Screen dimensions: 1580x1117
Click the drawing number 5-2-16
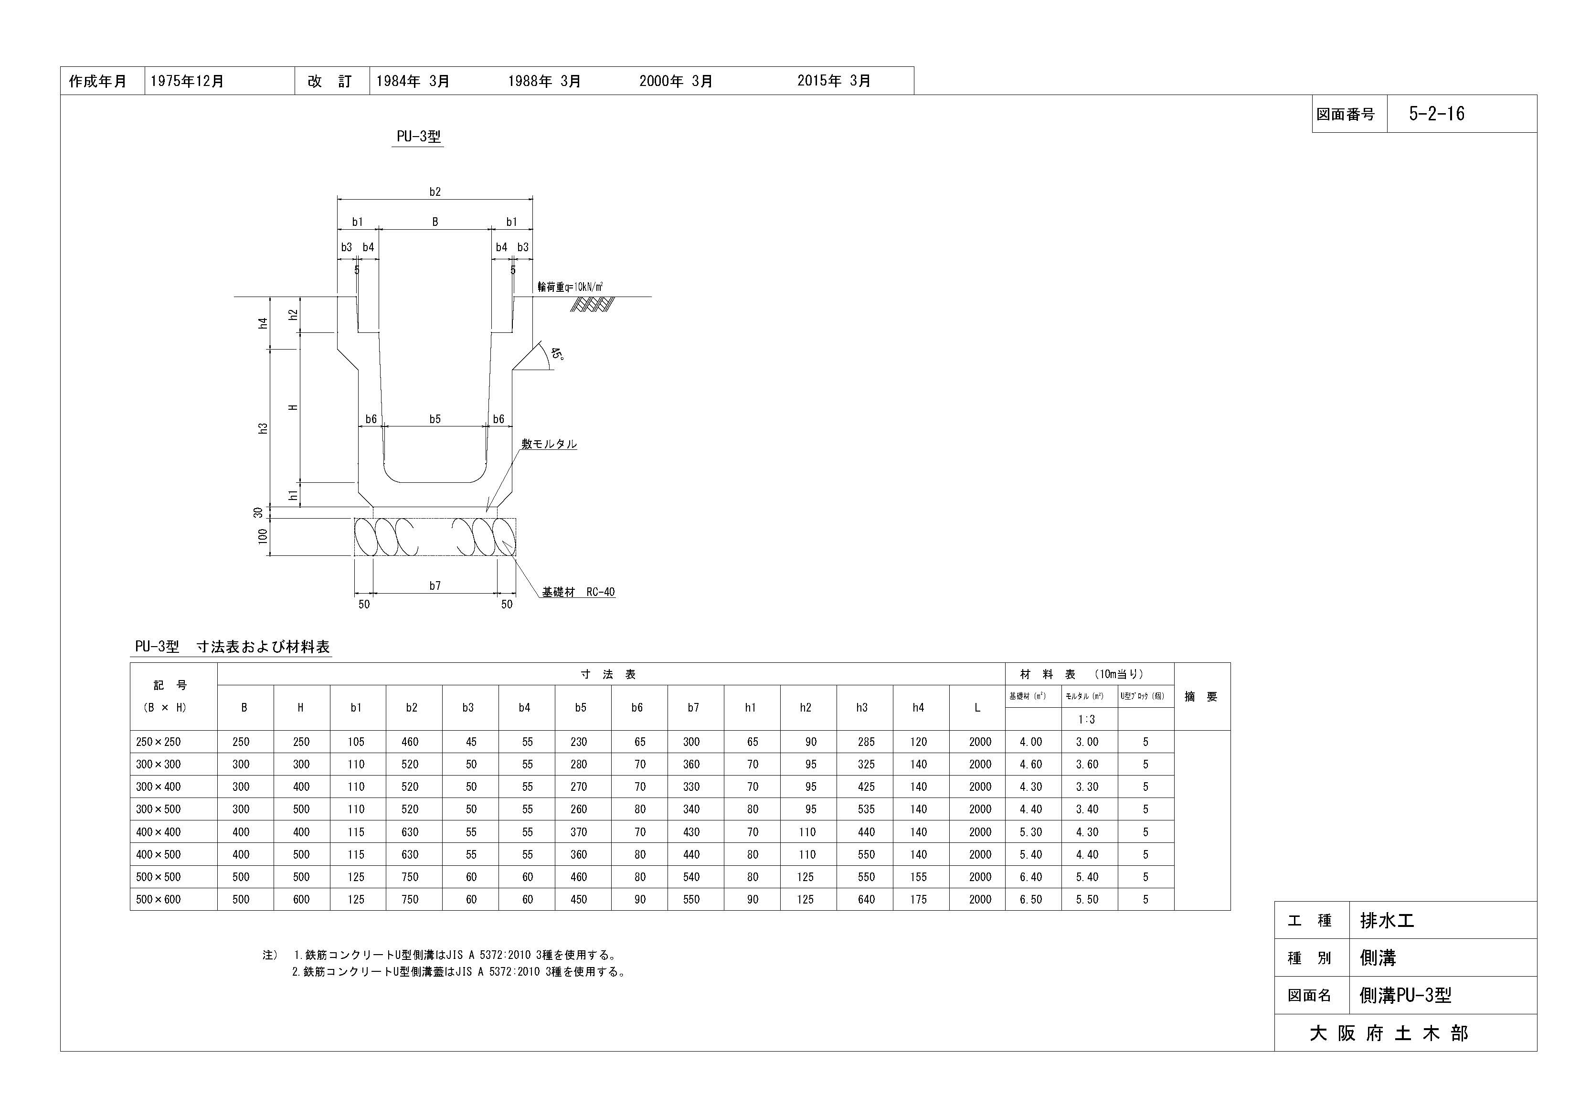[1436, 114]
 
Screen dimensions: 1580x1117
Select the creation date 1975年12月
[187, 81]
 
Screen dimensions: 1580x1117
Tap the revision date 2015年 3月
[834, 81]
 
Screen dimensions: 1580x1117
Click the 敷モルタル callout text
[549, 444]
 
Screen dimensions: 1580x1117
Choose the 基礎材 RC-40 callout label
[578, 592]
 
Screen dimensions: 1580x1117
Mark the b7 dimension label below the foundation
[435, 585]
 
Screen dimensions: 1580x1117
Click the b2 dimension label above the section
[435, 192]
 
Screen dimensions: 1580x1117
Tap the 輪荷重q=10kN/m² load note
[571, 287]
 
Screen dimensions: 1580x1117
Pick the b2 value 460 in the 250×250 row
[410, 742]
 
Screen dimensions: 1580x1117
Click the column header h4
[918, 708]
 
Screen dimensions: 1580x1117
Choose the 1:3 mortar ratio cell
[1087, 719]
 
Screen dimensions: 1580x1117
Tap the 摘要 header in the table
[1201, 696]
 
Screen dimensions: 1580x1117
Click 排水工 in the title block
[1387, 920]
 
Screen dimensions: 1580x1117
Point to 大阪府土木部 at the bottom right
[1389, 1033]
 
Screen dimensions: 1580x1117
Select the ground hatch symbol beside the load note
[592, 304]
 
